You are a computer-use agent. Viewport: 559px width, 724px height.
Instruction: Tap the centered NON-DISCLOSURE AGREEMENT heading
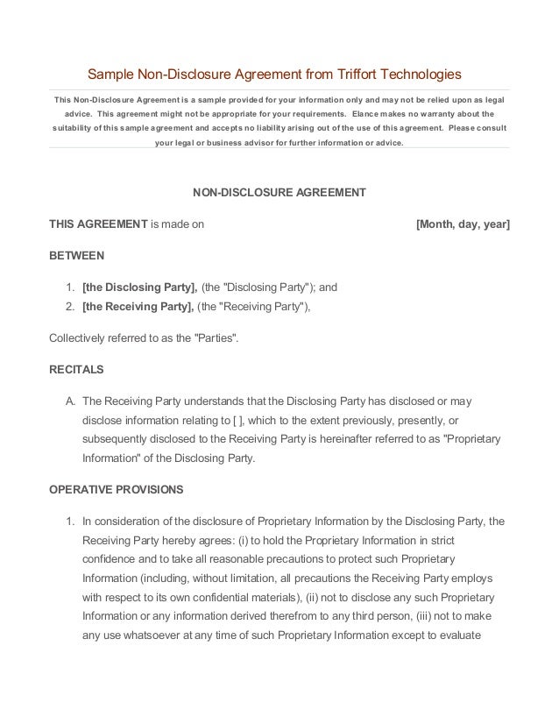(279, 192)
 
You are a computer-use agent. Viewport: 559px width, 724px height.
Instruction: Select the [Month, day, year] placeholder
(462, 224)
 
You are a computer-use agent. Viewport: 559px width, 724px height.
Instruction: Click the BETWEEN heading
(76, 256)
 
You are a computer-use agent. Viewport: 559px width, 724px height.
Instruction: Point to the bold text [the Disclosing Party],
(139, 287)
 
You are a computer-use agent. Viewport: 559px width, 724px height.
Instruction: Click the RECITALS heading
(76, 369)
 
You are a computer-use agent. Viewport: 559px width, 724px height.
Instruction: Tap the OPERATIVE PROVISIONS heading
(116, 488)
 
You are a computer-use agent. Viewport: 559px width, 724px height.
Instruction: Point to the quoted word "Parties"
(216, 337)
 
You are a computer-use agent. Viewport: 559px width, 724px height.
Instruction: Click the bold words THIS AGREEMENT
(98, 224)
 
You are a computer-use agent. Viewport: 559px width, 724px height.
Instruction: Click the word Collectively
(81, 337)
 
